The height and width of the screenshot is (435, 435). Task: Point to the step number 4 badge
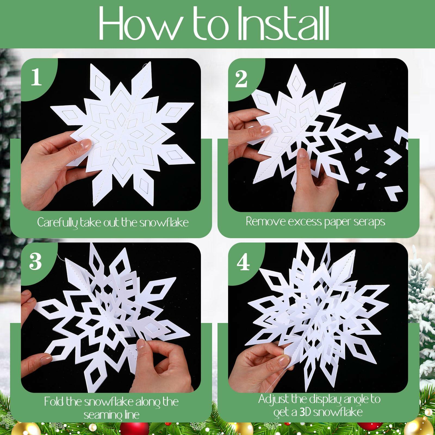(243, 263)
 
